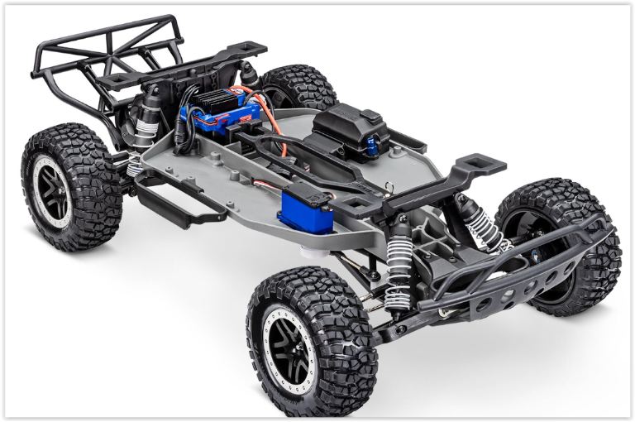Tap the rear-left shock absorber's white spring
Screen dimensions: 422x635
[x=136, y=161]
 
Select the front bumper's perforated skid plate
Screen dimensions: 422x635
[x=513, y=281]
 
